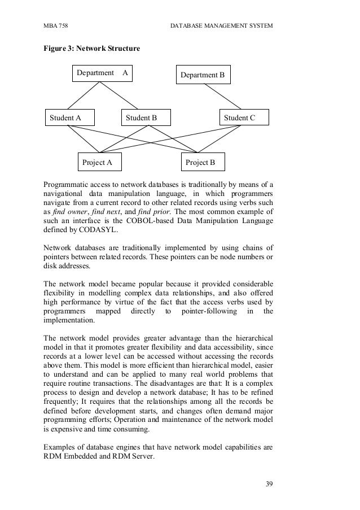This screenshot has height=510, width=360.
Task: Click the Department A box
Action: pos(102,73)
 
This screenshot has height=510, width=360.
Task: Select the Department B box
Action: pos(202,75)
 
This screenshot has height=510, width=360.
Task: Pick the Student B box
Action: pos(141,117)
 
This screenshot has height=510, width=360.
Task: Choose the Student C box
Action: pos(239,117)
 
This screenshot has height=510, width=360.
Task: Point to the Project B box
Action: pos(200,163)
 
